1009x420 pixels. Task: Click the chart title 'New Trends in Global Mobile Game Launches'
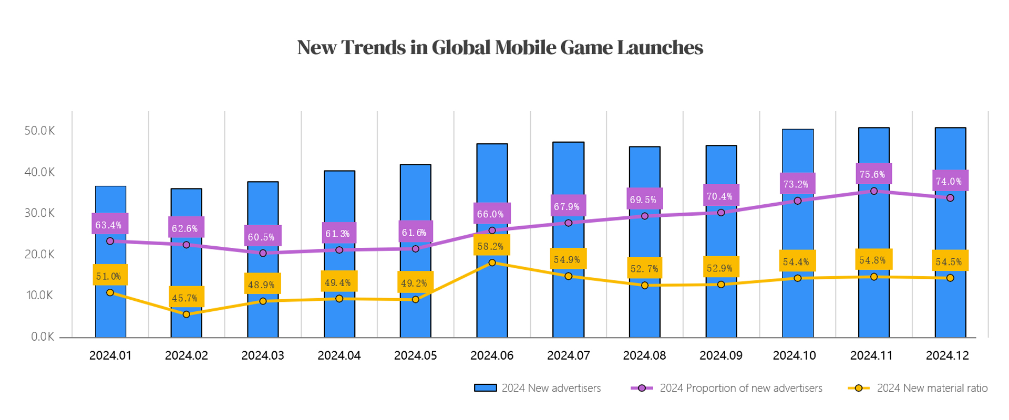500,48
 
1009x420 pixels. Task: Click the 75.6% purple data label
872,174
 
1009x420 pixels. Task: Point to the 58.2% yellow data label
491,246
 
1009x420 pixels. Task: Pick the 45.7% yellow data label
186,298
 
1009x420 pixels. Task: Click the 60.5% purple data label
262,237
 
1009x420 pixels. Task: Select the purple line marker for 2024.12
950,198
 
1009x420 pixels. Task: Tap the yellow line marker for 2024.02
187,314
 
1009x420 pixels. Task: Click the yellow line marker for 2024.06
492,262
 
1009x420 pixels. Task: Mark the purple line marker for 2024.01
110,241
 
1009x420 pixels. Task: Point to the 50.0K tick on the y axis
39,131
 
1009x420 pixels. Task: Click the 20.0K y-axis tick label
39,254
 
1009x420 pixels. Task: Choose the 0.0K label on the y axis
42,337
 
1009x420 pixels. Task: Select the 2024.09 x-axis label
720,355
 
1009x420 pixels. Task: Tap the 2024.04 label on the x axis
339,355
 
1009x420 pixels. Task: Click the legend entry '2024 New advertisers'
537,388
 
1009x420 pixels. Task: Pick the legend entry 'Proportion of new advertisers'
727,388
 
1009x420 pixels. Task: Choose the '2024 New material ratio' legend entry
918,388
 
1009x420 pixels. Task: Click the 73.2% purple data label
796,184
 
